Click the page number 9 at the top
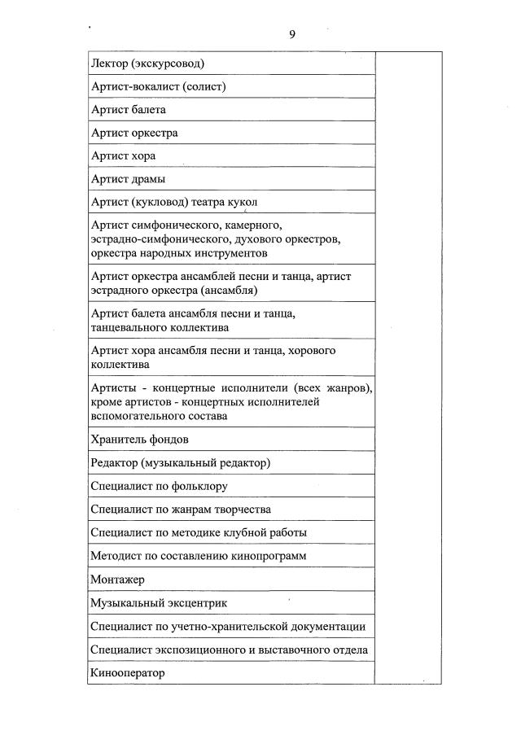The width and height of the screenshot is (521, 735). (291, 34)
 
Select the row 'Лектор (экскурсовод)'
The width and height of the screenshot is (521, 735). (147, 63)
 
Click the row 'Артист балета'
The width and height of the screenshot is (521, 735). (129, 109)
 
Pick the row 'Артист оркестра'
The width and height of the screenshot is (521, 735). (134, 133)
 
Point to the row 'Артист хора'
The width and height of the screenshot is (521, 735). (123, 155)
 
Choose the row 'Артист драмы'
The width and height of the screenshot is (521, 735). (128, 179)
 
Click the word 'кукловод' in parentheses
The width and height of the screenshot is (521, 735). (154, 202)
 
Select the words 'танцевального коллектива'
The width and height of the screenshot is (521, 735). (160, 327)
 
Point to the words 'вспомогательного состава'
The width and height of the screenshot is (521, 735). (159, 416)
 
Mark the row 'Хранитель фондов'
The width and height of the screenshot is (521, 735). (140, 440)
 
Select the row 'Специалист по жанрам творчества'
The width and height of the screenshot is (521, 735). (181, 510)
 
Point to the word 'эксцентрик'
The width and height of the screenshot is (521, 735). (192, 603)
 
